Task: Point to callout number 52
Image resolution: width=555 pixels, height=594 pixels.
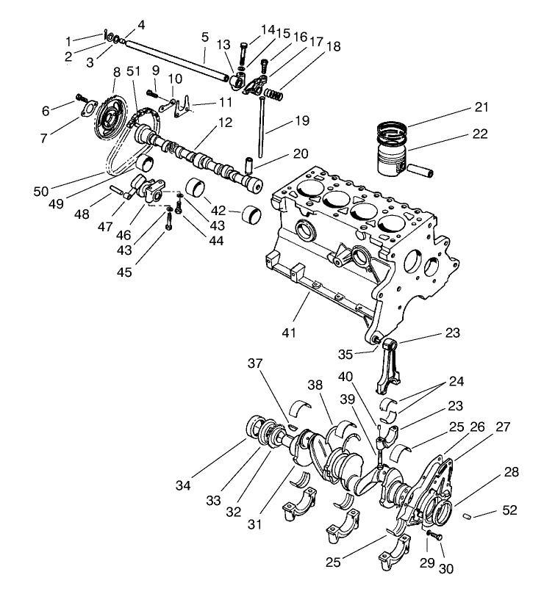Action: click(509, 510)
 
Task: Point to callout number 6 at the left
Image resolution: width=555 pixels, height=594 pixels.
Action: click(46, 111)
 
